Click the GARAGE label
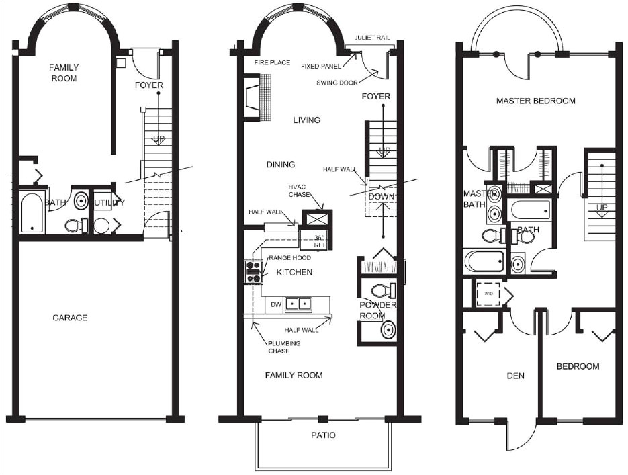71,318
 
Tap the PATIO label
323,435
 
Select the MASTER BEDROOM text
535,101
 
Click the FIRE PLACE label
272,62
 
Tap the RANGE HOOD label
289,258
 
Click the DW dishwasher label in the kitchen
275,304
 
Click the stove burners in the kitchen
253,271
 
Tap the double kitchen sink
300,304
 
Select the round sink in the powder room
388,330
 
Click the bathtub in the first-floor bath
30,213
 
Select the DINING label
280,165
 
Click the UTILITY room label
107,202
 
